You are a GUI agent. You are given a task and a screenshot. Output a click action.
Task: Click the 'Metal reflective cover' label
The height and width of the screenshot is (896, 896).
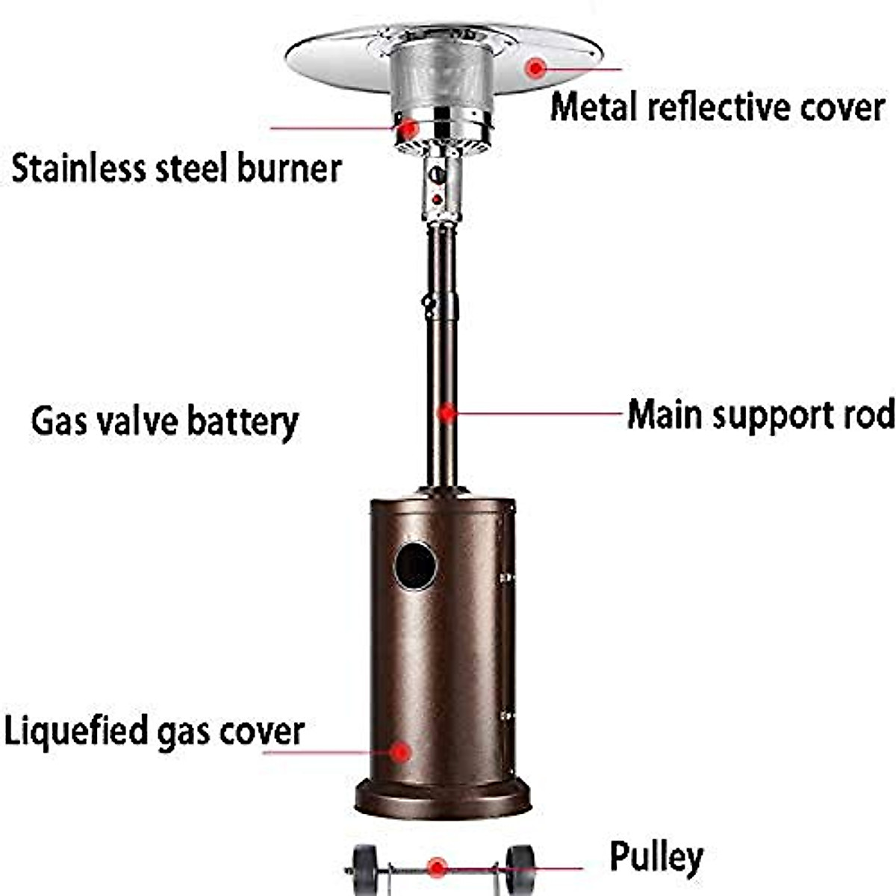717,108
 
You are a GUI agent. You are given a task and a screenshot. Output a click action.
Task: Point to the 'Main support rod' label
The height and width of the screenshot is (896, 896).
761,414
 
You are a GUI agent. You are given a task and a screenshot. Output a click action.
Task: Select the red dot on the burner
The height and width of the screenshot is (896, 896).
408,128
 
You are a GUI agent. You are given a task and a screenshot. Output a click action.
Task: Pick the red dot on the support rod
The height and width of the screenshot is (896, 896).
447,412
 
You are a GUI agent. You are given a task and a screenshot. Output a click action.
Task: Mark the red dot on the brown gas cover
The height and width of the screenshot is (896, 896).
400,752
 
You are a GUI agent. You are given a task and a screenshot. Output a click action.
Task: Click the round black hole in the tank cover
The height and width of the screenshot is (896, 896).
415,566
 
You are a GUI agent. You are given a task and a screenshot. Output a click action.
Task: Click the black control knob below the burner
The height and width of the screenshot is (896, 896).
438,175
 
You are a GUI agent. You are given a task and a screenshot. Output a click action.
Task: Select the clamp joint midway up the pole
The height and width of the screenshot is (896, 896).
441,305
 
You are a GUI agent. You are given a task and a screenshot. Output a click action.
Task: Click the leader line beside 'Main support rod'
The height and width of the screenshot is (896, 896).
538,413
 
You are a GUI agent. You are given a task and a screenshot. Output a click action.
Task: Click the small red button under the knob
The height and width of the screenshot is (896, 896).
437,200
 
